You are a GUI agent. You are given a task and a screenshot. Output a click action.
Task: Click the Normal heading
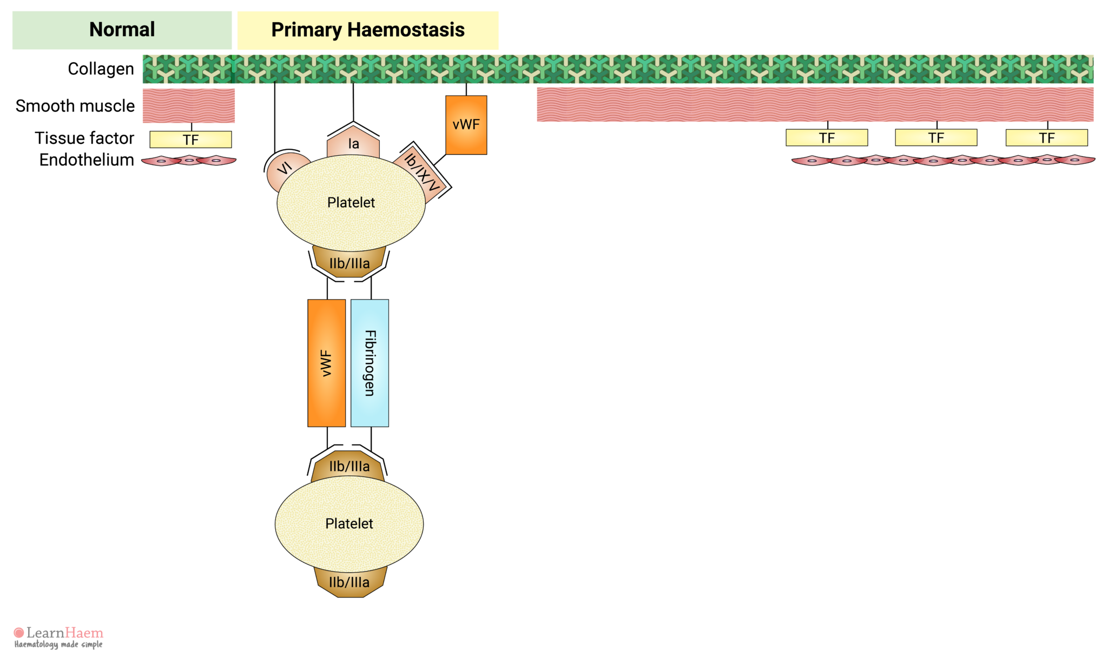(x=122, y=30)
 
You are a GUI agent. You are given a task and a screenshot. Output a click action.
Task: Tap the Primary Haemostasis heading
(x=368, y=30)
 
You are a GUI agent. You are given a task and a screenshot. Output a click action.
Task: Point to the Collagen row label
(x=101, y=69)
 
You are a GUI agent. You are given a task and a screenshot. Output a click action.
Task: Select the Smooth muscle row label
(x=75, y=106)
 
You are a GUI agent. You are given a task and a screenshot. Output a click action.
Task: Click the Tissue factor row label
(x=84, y=138)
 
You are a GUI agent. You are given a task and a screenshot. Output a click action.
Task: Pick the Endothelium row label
(x=87, y=160)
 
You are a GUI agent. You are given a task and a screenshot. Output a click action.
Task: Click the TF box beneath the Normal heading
(x=190, y=140)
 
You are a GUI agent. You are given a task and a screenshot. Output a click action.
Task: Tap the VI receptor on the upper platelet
(x=285, y=169)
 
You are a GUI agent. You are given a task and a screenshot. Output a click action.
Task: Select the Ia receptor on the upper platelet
(x=353, y=144)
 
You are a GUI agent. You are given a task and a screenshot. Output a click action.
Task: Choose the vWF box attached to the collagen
(x=466, y=125)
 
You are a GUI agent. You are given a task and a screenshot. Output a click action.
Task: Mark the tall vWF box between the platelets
(x=326, y=363)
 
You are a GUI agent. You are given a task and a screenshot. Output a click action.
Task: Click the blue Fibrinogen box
(x=370, y=363)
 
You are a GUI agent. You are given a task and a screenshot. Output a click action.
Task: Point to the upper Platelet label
(x=351, y=203)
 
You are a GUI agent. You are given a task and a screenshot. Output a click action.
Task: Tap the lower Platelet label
(x=349, y=523)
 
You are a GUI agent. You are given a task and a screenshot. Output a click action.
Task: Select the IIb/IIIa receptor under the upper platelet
(x=349, y=263)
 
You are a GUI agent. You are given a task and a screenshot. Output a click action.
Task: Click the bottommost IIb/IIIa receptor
(x=349, y=582)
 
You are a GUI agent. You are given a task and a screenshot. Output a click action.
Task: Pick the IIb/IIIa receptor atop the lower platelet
(x=349, y=466)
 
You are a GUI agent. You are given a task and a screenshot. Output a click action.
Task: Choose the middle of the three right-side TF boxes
(x=936, y=138)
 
